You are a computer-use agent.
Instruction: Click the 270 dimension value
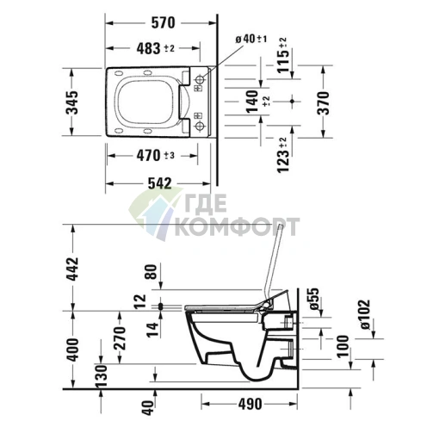120,339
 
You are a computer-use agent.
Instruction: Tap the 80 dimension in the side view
153,275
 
